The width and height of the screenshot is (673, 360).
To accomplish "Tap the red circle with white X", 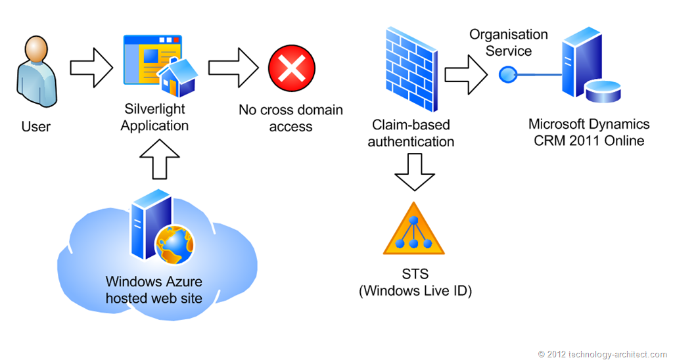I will [x=292, y=68].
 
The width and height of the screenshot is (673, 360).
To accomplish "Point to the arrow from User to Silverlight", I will [x=91, y=67].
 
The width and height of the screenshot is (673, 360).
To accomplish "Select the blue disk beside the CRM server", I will [x=603, y=93].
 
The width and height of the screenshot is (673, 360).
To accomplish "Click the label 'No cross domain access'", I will [x=290, y=118].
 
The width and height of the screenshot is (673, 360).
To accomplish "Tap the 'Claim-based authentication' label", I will [x=411, y=133].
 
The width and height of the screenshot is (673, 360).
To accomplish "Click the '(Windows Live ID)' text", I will [x=415, y=290].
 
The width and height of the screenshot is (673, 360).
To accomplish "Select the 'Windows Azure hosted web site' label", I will [x=154, y=290].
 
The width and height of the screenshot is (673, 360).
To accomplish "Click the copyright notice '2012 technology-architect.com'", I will [x=602, y=354].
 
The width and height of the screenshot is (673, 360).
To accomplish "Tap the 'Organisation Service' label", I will [x=508, y=42].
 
